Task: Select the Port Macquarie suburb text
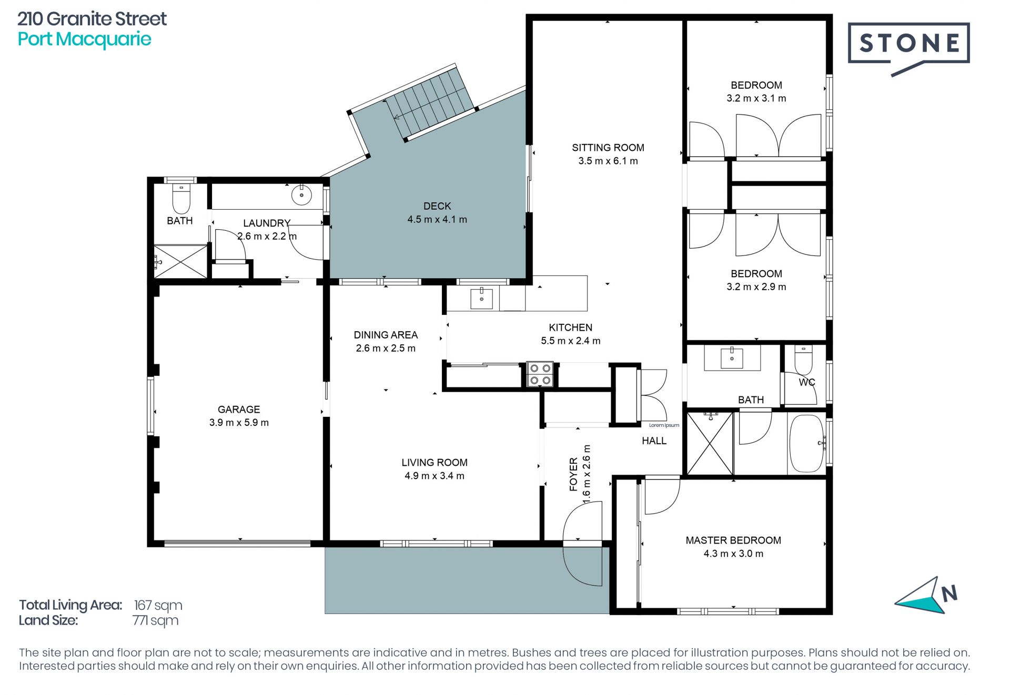pos(84,39)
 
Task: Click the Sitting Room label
pos(608,148)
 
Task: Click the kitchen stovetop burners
pos(540,374)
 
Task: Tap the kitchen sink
pos(481,299)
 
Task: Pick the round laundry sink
pos(301,195)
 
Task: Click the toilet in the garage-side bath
pos(181,198)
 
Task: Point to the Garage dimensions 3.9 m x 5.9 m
pos(239,423)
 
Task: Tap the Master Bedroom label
pos(733,540)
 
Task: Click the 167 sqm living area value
pos(158,606)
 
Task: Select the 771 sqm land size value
pos(155,621)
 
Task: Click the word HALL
pos(654,441)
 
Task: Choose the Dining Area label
pos(386,335)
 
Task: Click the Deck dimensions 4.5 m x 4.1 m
pos(437,220)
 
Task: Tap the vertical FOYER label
pos(573,474)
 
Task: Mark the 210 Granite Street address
pos(92,19)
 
